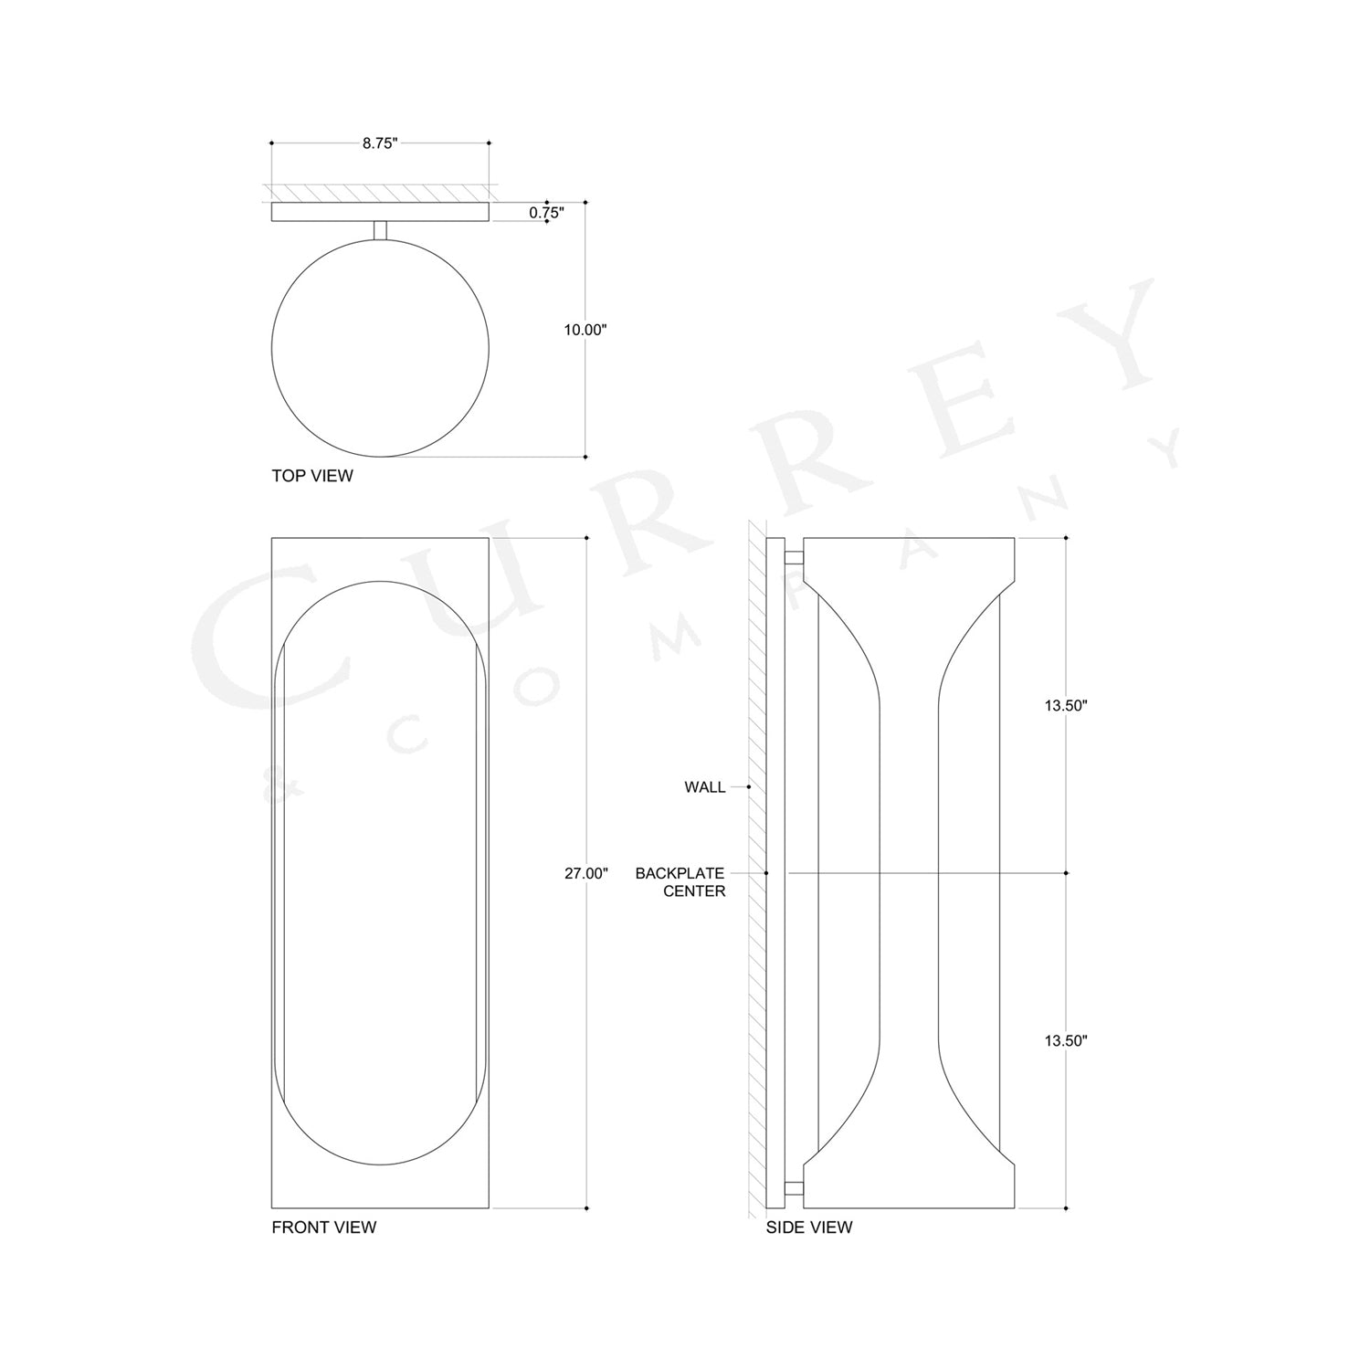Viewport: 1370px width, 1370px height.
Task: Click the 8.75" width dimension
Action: coord(380,143)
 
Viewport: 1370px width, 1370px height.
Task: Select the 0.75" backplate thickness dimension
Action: coord(546,213)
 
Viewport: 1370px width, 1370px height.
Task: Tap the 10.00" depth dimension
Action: coord(585,330)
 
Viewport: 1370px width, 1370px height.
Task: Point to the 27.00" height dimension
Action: coord(585,873)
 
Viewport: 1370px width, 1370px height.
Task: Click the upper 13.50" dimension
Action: coord(1066,706)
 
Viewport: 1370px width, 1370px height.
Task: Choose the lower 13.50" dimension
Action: coord(1066,1040)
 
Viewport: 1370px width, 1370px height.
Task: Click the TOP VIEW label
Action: coord(311,476)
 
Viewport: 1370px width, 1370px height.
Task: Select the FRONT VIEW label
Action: coord(323,1228)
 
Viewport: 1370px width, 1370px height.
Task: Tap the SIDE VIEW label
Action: coord(808,1228)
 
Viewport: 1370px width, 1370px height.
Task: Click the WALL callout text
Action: coord(704,787)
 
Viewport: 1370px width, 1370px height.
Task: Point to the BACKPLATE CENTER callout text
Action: coord(680,882)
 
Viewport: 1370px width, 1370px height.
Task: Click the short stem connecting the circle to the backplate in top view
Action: coord(380,231)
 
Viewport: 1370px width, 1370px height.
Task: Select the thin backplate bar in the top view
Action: coord(380,212)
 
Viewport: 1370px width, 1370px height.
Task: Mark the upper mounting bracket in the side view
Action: coord(794,557)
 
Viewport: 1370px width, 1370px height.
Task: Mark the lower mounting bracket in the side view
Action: coord(794,1188)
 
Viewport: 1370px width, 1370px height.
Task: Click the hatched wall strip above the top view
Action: coord(380,193)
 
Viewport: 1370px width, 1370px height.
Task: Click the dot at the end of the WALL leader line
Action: coord(749,786)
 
